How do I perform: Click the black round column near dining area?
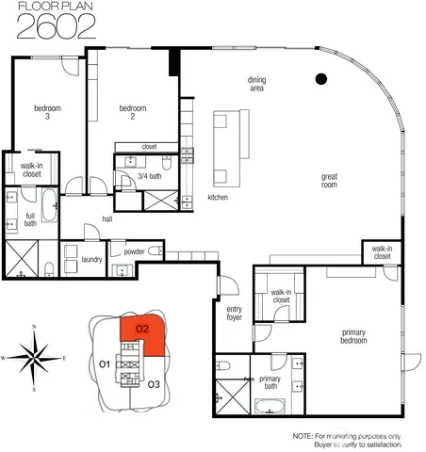320,78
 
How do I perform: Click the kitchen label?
218,198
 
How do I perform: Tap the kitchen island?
225,147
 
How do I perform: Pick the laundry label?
91,258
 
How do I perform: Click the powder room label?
135,251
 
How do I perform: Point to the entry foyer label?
235,313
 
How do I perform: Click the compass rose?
35,358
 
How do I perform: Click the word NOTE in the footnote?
303,437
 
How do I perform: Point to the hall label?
108,219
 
